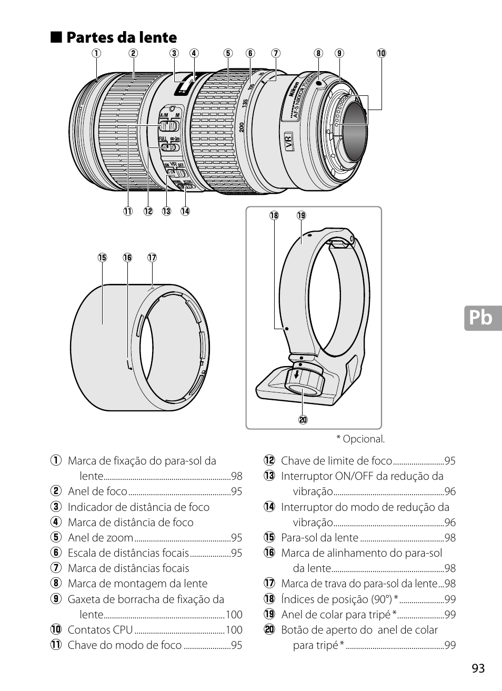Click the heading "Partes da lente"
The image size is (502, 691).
122,37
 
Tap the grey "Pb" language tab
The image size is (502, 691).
483,318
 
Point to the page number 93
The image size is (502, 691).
478,668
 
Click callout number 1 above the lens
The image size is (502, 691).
96,53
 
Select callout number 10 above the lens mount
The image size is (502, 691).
381,53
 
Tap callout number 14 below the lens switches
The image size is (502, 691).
185,211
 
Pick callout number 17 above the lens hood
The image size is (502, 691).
152,258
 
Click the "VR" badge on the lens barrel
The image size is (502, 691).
288,142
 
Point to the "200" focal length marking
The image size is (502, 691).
242,127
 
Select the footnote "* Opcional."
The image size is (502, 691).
360,439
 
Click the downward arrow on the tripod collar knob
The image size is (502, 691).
297,375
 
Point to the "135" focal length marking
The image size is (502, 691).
245,103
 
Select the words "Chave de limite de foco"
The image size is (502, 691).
336,461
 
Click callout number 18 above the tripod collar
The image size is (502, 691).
274,215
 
